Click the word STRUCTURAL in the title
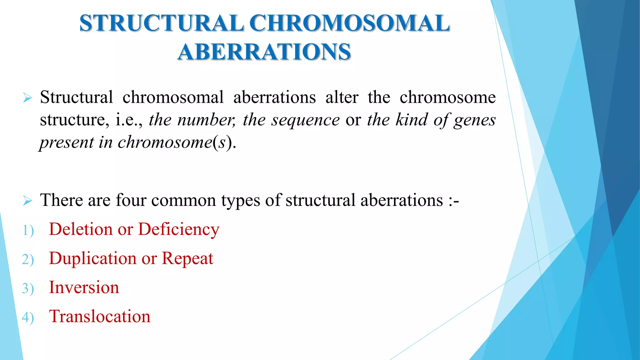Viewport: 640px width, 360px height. [x=162, y=23]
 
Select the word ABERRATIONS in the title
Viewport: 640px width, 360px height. [x=264, y=52]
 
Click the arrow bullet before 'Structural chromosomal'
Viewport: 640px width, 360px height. [x=27, y=98]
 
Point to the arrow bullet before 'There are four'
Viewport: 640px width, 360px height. [x=27, y=201]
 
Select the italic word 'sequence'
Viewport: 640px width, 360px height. [x=305, y=120]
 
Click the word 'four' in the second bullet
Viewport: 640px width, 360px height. [x=131, y=200]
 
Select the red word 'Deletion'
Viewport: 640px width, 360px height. [x=81, y=229]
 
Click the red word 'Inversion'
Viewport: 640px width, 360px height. [x=84, y=287]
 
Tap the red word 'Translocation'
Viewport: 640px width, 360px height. [x=100, y=316]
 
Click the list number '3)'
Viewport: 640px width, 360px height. [x=28, y=288]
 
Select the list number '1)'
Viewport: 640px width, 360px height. [x=28, y=231]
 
